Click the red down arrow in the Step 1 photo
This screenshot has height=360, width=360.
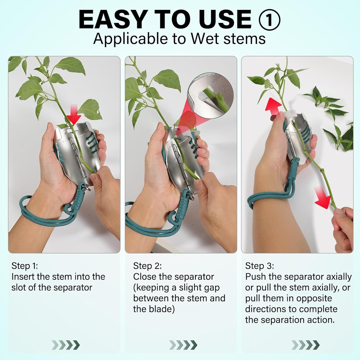pos(74,118)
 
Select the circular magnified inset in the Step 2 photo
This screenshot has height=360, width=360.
pos(210,95)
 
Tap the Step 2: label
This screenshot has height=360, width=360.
pos(147,266)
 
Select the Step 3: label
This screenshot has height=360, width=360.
pos(259,266)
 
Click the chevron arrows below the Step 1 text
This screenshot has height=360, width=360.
pos(65,345)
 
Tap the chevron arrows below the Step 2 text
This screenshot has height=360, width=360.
pos(183,345)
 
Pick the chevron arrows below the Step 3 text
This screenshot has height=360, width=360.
pos(305,345)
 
